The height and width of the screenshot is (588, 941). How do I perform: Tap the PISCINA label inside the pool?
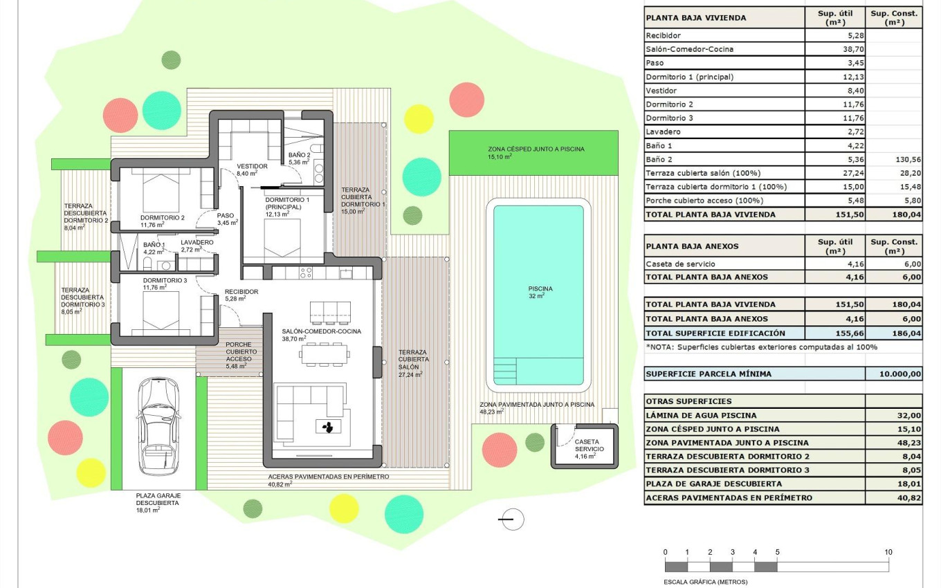[540, 288]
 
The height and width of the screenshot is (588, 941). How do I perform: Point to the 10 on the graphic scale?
[888, 552]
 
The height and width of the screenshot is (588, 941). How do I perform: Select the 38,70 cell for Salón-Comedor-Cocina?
[834, 49]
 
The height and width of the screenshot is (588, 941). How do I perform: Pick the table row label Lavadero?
[663, 131]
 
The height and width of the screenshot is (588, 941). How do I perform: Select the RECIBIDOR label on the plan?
[241, 292]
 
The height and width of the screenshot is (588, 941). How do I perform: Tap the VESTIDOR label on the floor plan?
[252, 166]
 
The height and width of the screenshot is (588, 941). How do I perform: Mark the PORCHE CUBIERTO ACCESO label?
[238, 351]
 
